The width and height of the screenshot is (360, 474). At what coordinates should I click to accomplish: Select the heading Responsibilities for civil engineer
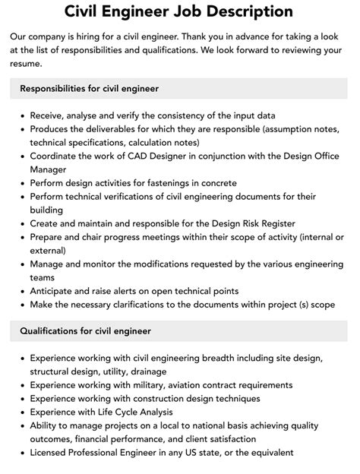click(x=89, y=89)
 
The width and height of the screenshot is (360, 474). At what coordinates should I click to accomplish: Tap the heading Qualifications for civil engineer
click(x=85, y=331)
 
